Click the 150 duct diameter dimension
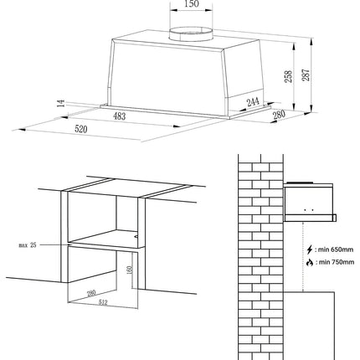(x=192, y=4)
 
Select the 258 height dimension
(x=288, y=76)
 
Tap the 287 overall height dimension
(x=306, y=75)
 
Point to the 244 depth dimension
(x=253, y=102)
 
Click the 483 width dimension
(x=120, y=116)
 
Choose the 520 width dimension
(x=81, y=129)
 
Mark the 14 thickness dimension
(x=61, y=103)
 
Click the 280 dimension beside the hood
(x=279, y=115)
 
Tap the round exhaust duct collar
(x=191, y=34)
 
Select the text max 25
(x=28, y=245)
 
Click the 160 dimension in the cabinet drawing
(x=130, y=270)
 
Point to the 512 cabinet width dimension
(x=103, y=302)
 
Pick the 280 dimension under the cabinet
(x=91, y=293)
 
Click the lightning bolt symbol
(x=310, y=249)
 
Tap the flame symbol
(x=310, y=262)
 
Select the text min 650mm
(x=336, y=249)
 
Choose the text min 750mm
(x=337, y=262)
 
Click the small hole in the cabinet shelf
(x=136, y=237)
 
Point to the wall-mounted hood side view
(x=310, y=202)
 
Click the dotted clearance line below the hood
(x=303, y=257)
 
